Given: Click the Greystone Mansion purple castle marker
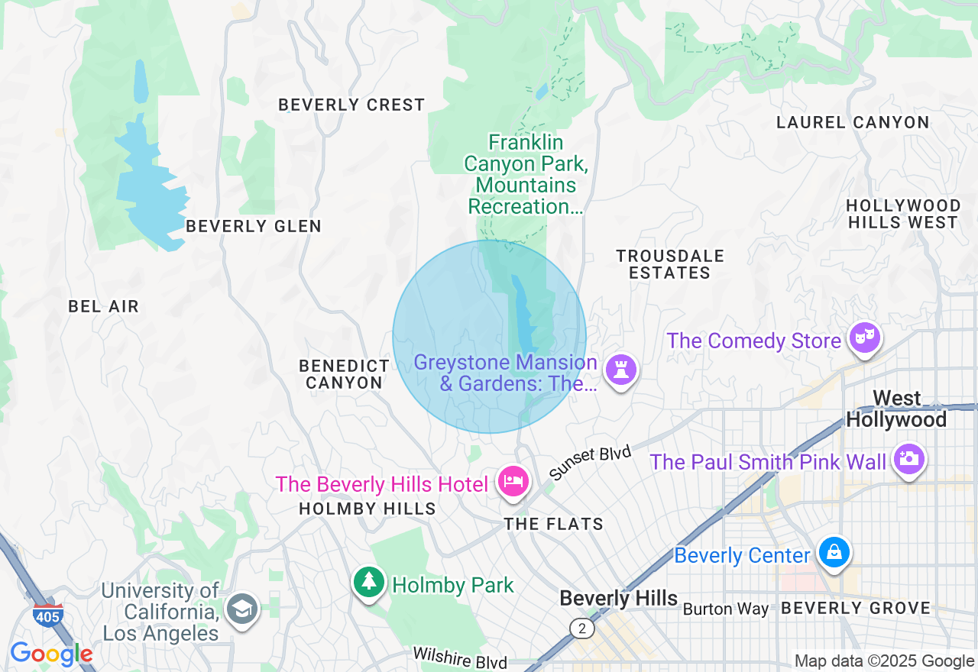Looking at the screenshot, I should click(620, 370).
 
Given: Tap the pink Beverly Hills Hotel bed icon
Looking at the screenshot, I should click(513, 482).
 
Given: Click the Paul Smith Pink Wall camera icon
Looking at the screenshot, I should click(908, 459).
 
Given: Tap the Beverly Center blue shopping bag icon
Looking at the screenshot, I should click(834, 552).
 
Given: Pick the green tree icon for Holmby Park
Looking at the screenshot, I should click(370, 582).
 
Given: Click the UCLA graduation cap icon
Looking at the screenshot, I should click(243, 609).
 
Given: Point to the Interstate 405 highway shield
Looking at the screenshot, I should click(47, 614).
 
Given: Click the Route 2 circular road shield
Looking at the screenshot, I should click(582, 628).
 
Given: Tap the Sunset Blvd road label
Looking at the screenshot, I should click(590, 464).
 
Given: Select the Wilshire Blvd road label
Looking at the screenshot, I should click(460, 657).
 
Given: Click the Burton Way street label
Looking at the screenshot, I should click(725, 609).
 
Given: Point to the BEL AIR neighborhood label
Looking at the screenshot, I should click(104, 307).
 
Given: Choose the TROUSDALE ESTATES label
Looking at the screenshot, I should click(670, 264).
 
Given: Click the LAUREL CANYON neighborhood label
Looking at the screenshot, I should click(853, 122).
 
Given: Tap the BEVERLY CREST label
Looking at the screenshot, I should click(351, 105).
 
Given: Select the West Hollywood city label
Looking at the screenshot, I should click(896, 409).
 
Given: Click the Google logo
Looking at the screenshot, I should click(51, 654).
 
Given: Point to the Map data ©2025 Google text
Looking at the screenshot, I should click(884, 661).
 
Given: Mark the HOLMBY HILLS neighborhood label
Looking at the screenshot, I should click(368, 509).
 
